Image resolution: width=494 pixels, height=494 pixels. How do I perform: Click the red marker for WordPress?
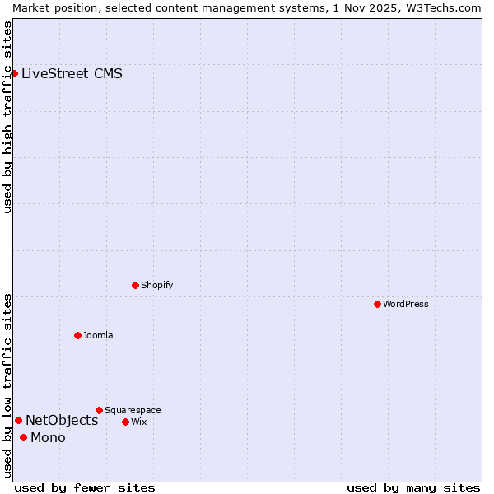point(377,304)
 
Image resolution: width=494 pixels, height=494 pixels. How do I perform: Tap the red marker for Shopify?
point(135,285)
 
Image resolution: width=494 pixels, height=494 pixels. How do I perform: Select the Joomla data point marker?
point(77,335)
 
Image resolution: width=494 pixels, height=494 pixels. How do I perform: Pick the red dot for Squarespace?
point(99,410)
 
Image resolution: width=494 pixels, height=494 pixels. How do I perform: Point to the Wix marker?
point(125,422)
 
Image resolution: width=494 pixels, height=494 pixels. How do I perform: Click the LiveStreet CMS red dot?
point(14,73)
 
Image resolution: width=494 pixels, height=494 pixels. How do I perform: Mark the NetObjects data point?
point(18,420)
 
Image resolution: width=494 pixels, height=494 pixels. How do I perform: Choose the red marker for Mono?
point(23,437)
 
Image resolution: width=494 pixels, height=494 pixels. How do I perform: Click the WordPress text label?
point(406,304)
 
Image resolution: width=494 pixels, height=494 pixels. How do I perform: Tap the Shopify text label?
point(157,285)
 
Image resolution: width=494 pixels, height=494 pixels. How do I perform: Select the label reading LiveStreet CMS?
point(72,73)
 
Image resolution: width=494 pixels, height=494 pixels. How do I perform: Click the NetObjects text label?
point(62,420)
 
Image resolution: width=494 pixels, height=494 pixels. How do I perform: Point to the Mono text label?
point(48,437)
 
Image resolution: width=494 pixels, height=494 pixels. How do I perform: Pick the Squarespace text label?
point(133,410)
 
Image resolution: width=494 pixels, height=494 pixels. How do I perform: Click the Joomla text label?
point(98,335)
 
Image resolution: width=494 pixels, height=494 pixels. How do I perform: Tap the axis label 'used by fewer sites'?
point(85,487)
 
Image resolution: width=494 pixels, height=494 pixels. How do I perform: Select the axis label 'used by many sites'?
point(413,487)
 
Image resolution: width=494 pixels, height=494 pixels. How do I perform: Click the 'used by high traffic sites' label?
point(7,117)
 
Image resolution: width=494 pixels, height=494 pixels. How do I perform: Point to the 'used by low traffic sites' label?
point(7,384)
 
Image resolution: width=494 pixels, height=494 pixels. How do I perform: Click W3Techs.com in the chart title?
point(442,7)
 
